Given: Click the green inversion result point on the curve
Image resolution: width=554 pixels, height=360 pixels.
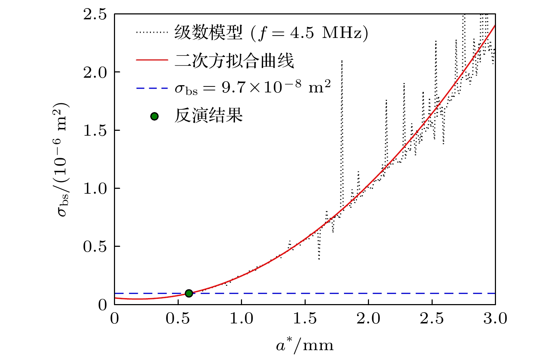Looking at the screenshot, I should tap(189, 293).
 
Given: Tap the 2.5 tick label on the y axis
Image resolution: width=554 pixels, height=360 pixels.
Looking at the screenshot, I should tap(95, 14).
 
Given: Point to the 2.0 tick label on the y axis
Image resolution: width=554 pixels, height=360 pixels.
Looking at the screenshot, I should tap(95, 72).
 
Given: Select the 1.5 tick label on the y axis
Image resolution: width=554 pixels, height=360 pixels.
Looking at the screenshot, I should tap(95, 130).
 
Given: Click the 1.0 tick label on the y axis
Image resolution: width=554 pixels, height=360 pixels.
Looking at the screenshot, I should tap(95, 188).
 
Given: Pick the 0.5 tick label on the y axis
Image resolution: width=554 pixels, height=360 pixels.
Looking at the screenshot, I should tap(95, 246).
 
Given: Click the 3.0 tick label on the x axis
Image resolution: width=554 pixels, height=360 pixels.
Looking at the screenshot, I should tap(495, 319).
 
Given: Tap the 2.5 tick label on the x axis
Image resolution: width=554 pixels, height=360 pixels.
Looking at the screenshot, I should tap(432, 319).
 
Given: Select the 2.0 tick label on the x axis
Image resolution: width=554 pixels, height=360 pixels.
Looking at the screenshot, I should tap(368, 319).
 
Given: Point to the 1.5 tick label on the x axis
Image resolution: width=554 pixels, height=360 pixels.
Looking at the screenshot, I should tap(305, 319).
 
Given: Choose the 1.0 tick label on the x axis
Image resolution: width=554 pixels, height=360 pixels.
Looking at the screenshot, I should tap(241, 319).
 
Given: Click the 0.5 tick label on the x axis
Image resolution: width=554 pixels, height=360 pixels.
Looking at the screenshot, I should tap(178, 319).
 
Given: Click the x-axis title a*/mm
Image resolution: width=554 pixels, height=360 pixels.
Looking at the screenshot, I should tap(305, 346).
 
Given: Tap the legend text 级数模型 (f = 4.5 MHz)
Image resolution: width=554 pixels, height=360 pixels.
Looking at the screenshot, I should tap(271, 33).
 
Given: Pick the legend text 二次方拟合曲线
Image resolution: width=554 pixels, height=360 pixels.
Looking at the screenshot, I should tap(234, 60).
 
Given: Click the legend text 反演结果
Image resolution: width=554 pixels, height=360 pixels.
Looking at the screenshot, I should tap(209, 116).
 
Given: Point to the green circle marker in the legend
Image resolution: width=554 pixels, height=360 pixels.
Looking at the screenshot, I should tap(154, 116).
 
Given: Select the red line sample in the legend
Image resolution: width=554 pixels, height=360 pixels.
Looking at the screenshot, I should tap(152, 60).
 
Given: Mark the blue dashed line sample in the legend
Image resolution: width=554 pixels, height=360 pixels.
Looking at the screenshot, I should tap(152, 88).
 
